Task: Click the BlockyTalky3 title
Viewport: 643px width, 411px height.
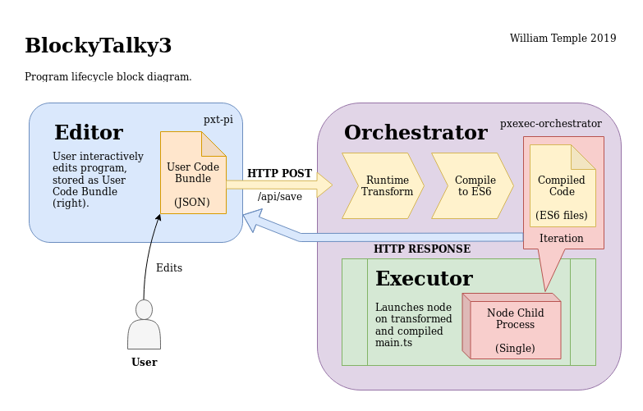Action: [x=98, y=46]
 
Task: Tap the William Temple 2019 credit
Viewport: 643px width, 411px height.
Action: [x=563, y=39]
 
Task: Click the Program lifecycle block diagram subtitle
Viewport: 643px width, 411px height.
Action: [x=108, y=77]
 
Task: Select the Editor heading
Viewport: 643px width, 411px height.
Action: [x=89, y=133]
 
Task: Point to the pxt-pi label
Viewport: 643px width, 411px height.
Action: [x=218, y=120]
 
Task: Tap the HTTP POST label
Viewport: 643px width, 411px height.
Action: [x=279, y=174]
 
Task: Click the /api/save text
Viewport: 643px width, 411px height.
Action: [x=279, y=197]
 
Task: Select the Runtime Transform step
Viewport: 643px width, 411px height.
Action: [x=383, y=185]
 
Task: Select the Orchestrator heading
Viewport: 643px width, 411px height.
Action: [x=416, y=133]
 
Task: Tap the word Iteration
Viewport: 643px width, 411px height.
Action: [x=562, y=239]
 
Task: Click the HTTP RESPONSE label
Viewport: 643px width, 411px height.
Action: [x=422, y=249]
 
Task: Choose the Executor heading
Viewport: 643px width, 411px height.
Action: [x=424, y=279]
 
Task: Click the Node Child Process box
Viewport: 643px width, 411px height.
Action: [x=515, y=330]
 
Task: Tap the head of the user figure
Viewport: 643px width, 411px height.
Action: [x=144, y=309]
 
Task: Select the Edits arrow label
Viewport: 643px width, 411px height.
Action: [x=169, y=268]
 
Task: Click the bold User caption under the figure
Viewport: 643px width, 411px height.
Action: [x=144, y=362]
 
